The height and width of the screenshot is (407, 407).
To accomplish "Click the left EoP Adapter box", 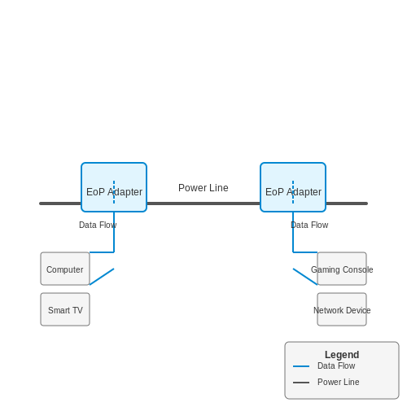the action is (x=114, y=187).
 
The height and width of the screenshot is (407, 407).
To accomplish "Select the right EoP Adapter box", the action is (x=293, y=187).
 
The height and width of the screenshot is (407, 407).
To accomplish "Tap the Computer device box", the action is (x=65, y=269).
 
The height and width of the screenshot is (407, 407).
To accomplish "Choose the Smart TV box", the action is (x=65, y=309).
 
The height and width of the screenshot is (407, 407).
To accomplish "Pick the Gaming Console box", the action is (x=342, y=269).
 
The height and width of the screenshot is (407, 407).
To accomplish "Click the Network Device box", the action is (x=342, y=309).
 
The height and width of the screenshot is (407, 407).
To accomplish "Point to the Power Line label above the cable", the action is (x=203, y=188).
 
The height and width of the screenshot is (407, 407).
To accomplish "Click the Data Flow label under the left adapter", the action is (x=98, y=225).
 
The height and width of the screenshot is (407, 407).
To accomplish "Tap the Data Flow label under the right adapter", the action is (x=309, y=225).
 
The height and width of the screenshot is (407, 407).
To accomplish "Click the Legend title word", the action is (x=342, y=355).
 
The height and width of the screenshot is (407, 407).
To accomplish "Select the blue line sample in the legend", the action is (x=301, y=366).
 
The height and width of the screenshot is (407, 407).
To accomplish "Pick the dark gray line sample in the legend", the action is (x=301, y=383).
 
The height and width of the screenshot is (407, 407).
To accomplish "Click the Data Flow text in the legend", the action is (x=336, y=365).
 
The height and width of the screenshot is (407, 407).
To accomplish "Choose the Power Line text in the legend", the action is (x=339, y=382).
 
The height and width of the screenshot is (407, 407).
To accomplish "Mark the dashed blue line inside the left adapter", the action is (x=114, y=192).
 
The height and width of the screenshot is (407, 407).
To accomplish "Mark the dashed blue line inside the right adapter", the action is (x=293, y=192).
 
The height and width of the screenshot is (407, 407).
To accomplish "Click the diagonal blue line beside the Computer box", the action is (x=102, y=277).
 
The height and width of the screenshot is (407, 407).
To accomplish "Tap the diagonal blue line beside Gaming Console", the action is (x=305, y=277).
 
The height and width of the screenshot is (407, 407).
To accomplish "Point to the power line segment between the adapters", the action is (x=203, y=203).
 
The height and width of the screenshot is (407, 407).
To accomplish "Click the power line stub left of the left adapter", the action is (x=60, y=203).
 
